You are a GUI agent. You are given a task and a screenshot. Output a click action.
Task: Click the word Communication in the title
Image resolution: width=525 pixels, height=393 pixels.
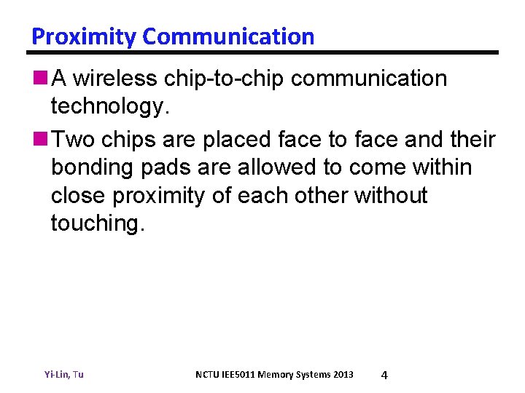(x=228, y=36)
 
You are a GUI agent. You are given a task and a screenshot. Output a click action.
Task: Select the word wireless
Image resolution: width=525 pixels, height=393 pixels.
(x=120, y=79)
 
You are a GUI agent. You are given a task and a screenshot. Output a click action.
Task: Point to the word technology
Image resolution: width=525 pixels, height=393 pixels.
(x=109, y=108)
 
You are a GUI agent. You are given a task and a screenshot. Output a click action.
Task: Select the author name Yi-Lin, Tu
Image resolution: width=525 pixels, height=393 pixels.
(x=64, y=375)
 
